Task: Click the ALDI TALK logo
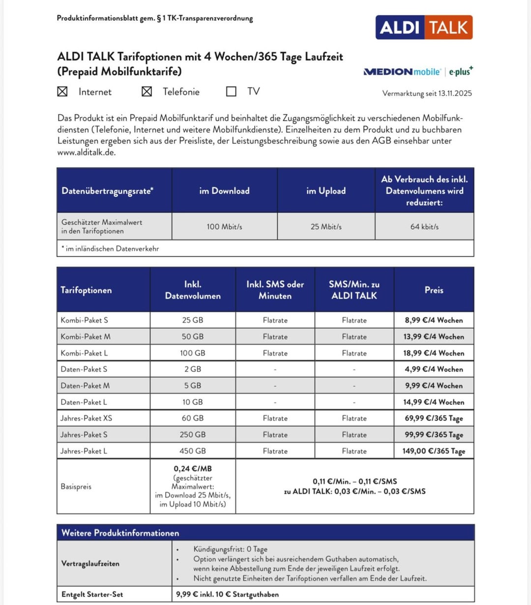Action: tap(424, 27)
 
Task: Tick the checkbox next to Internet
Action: tap(62, 91)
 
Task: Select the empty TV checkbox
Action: tap(231, 91)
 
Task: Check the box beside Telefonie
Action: tap(147, 91)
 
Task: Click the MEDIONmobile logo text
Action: tap(402, 72)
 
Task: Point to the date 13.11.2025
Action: tap(455, 93)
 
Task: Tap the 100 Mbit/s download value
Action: tap(224, 227)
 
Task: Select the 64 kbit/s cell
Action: tap(424, 227)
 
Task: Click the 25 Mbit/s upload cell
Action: tap(326, 227)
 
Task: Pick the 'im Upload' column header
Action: tap(326, 191)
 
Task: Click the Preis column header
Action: tap(434, 290)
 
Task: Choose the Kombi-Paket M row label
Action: tap(86, 336)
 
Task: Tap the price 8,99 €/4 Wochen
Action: tap(434, 320)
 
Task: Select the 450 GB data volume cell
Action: tap(193, 451)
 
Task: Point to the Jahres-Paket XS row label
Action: tap(87, 418)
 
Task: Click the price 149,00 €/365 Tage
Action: tap(434, 451)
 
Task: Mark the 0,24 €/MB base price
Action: tap(193, 469)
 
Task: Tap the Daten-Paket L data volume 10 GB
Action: tap(193, 402)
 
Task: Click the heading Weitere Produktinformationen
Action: tap(120, 533)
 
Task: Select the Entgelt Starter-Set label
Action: tap(92, 594)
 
